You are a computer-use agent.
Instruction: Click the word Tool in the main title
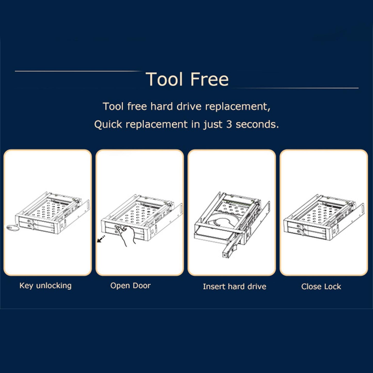click(x=164, y=79)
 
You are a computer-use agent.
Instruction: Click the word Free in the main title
click(x=209, y=79)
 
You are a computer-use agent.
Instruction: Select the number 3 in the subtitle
click(x=229, y=124)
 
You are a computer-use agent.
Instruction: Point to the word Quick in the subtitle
click(x=108, y=124)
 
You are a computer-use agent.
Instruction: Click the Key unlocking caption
click(x=45, y=286)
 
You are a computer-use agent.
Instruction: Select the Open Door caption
click(x=130, y=286)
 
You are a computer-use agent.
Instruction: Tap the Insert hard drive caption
click(x=234, y=287)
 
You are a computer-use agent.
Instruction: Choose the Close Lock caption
click(x=321, y=287)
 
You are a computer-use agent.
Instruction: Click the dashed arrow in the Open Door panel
click(x=101, y=239)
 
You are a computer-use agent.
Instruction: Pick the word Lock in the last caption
click(x=333, y=287)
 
